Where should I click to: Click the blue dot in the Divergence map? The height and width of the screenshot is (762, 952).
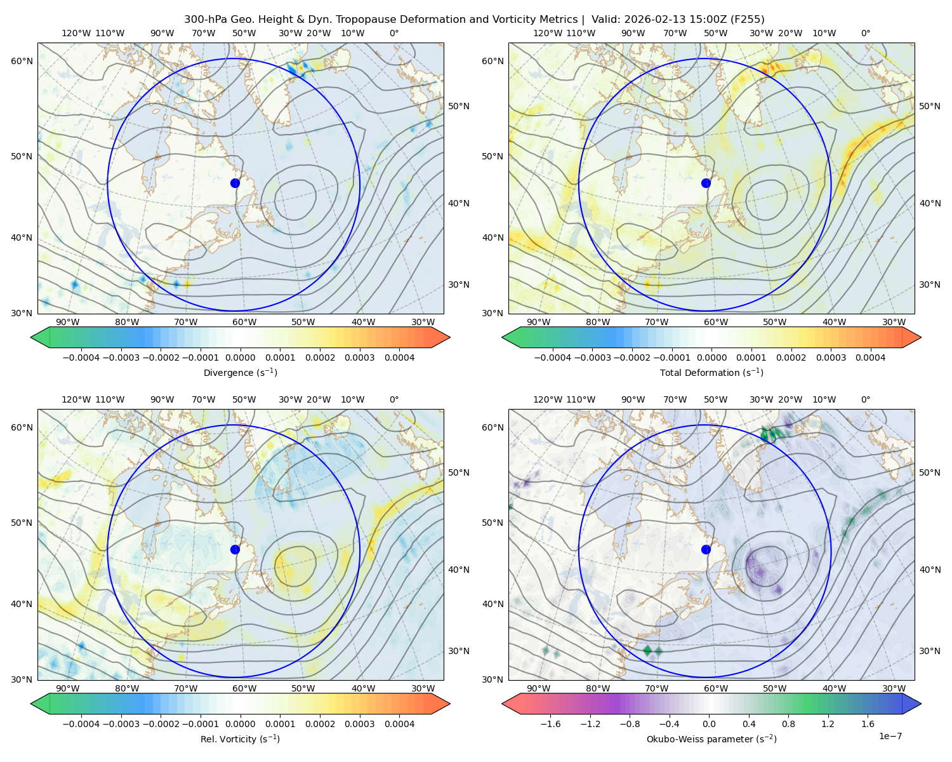point(235,183)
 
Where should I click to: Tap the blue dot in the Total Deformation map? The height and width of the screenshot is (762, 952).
point(706,183)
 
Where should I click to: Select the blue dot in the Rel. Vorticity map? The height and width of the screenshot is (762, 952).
point(235,549)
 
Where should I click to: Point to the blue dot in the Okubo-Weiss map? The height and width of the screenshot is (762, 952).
point(706,549)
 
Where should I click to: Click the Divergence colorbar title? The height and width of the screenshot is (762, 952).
point(240,372)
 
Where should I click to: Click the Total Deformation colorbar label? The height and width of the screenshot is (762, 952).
point(711,372)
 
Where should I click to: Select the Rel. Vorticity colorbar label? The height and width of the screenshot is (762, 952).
point(240,739)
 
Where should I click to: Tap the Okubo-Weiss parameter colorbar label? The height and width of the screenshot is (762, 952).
point(711,739)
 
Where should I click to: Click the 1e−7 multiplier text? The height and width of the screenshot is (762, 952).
point(890,736)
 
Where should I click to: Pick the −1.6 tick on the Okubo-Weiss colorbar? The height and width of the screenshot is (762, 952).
point(550,723)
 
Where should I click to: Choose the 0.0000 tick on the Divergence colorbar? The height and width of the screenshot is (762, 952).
point(240,358)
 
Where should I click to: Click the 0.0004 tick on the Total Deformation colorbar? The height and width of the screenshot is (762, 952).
point(870,358)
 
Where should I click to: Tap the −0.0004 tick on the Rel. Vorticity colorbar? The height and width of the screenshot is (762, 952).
point(81,723)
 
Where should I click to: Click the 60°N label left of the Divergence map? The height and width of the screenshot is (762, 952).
point(22,61)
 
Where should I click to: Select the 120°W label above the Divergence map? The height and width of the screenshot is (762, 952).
point(76,33)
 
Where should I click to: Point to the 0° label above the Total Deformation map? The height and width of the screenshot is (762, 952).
point(865,33)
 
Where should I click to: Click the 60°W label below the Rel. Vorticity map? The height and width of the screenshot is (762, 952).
point(244,688)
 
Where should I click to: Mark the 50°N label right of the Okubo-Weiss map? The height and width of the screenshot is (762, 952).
point(929,472)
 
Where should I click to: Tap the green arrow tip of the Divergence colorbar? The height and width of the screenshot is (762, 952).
point(31,337)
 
